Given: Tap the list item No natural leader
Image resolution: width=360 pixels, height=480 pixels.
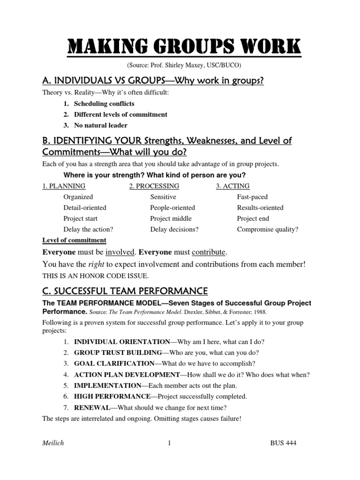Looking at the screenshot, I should (100, 125).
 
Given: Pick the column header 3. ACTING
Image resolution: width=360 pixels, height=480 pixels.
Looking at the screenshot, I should (232, 186).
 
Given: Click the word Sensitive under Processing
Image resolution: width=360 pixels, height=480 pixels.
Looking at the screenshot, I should (163, 197).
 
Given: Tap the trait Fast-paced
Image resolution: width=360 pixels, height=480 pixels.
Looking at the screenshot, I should (252, 197).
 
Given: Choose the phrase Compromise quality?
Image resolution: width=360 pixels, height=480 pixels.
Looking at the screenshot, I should (268, 229).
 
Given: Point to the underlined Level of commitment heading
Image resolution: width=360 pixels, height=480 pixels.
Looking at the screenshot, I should (74, 240).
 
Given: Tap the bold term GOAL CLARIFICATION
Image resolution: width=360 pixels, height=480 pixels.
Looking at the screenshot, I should (114, 363).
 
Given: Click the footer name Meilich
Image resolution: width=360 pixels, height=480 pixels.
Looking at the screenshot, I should (52, 443).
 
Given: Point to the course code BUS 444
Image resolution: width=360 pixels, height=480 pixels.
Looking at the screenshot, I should (284, 443).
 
